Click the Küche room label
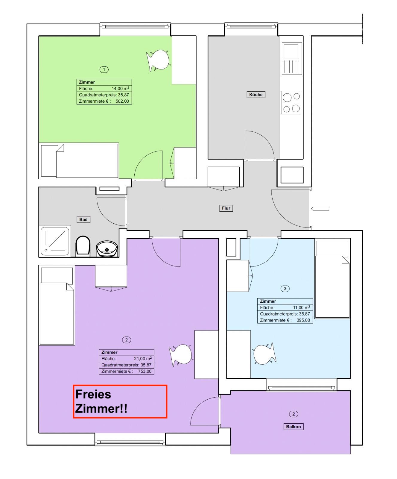[x=256, y=95]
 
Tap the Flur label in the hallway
[x=226, y=208]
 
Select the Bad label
[x=83, y=219]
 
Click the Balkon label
[x=293, y=427]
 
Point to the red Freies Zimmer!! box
[x=120, y=401]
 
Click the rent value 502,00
[x=122, y=101]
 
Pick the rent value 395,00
[x=303, y=320]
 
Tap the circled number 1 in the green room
[x=104, y=70]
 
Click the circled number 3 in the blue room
[x=285, y=289]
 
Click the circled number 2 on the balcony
[x=293, y=414]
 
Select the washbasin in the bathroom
[x=107, y=249]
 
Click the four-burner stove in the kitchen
[x=291, y=103]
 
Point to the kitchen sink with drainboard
[x=292, y=59]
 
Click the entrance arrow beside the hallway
[x=320, y=209]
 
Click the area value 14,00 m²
[x=120, y=89]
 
